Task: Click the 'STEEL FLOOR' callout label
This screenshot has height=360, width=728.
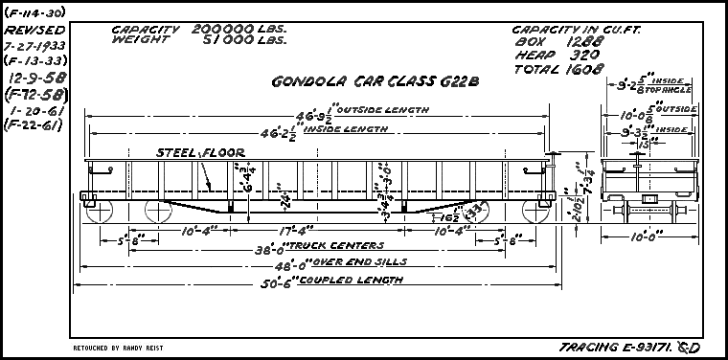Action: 200,152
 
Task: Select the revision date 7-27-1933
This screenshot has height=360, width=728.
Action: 34,45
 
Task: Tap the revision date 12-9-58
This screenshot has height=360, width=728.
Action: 34,75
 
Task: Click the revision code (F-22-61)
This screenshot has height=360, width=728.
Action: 34,125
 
